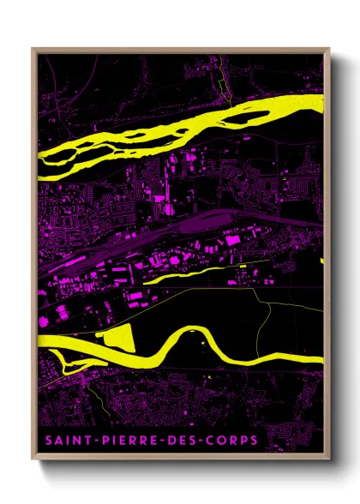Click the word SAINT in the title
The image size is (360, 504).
[65, 441]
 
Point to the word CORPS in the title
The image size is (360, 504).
[230, 441]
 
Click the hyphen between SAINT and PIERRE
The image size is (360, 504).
[92, 441]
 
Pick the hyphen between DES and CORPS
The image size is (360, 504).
[200, 441]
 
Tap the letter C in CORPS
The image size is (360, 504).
[209, 441]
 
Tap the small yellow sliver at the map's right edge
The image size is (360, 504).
[321, 260]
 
